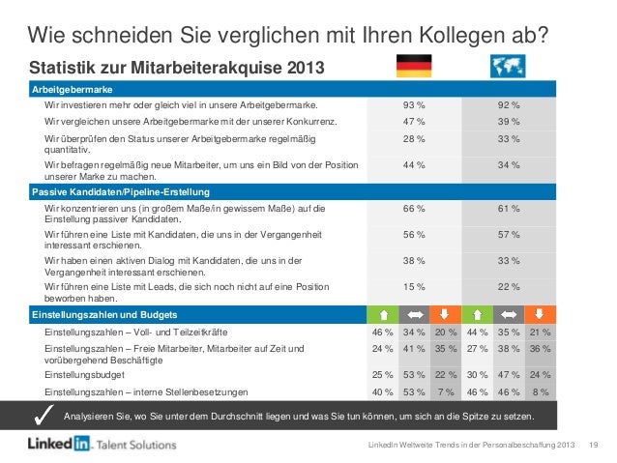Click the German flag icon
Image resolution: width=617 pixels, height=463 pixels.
[414, 66]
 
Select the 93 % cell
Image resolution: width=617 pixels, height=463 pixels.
[414, 104]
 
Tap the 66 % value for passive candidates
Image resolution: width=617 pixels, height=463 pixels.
[414, 208]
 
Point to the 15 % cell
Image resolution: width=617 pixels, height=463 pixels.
[414, 286]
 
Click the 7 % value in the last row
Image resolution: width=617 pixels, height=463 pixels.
[446, 391]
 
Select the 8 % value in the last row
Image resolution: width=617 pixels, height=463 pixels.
[541, 391]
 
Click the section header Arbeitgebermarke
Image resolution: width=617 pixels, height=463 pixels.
[69, 88]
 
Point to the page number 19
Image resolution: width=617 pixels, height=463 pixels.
[595, 444]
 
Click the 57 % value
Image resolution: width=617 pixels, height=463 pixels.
[509, 234]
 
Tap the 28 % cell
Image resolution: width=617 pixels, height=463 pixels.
[414, 140]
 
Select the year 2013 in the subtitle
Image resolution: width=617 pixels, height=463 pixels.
[299, 68]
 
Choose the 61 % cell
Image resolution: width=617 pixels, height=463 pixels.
[509, 208]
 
